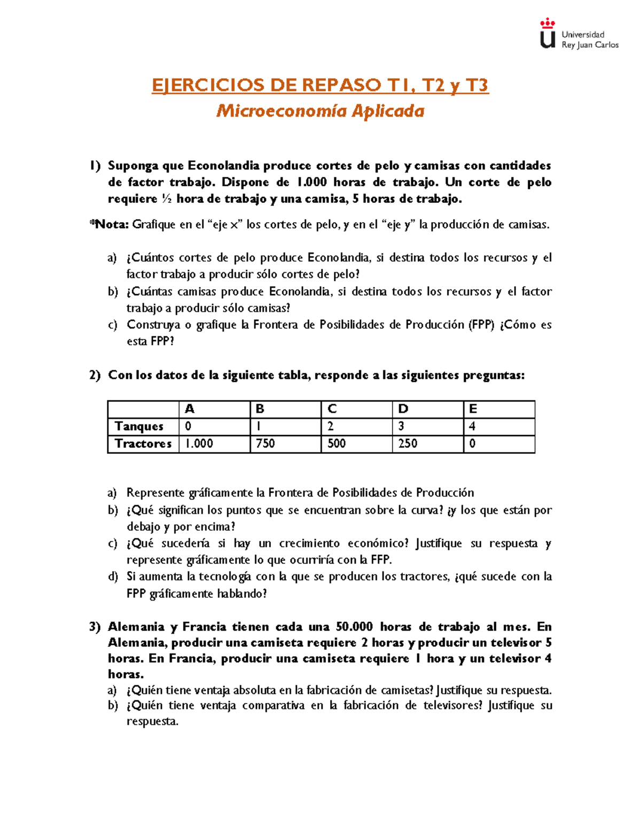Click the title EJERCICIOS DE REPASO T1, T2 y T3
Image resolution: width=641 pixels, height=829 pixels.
coord(320,85)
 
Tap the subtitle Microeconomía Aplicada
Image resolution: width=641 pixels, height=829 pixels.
coord(320,111)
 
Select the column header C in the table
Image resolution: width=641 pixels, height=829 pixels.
coord(332,409)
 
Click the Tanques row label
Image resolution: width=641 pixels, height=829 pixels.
coord(139,427)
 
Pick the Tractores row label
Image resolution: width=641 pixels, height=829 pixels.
coord(143,444)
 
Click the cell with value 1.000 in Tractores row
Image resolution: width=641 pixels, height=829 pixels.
coord(199,444)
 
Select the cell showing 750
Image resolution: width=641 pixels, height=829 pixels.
coord(265,444)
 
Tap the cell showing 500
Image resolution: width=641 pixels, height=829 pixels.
coord(337,444)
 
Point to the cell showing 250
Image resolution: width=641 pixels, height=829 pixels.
coord(408,444)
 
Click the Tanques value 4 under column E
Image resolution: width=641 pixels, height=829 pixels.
coord(472,427)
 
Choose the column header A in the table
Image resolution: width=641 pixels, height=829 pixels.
coord(189,409)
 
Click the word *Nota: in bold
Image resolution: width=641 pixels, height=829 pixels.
coord(109,225)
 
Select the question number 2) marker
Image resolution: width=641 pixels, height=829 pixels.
coord(95,376)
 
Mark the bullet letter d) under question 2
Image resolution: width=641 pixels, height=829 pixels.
coord(112,577)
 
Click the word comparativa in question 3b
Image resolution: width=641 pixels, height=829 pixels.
coord(272,706)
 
